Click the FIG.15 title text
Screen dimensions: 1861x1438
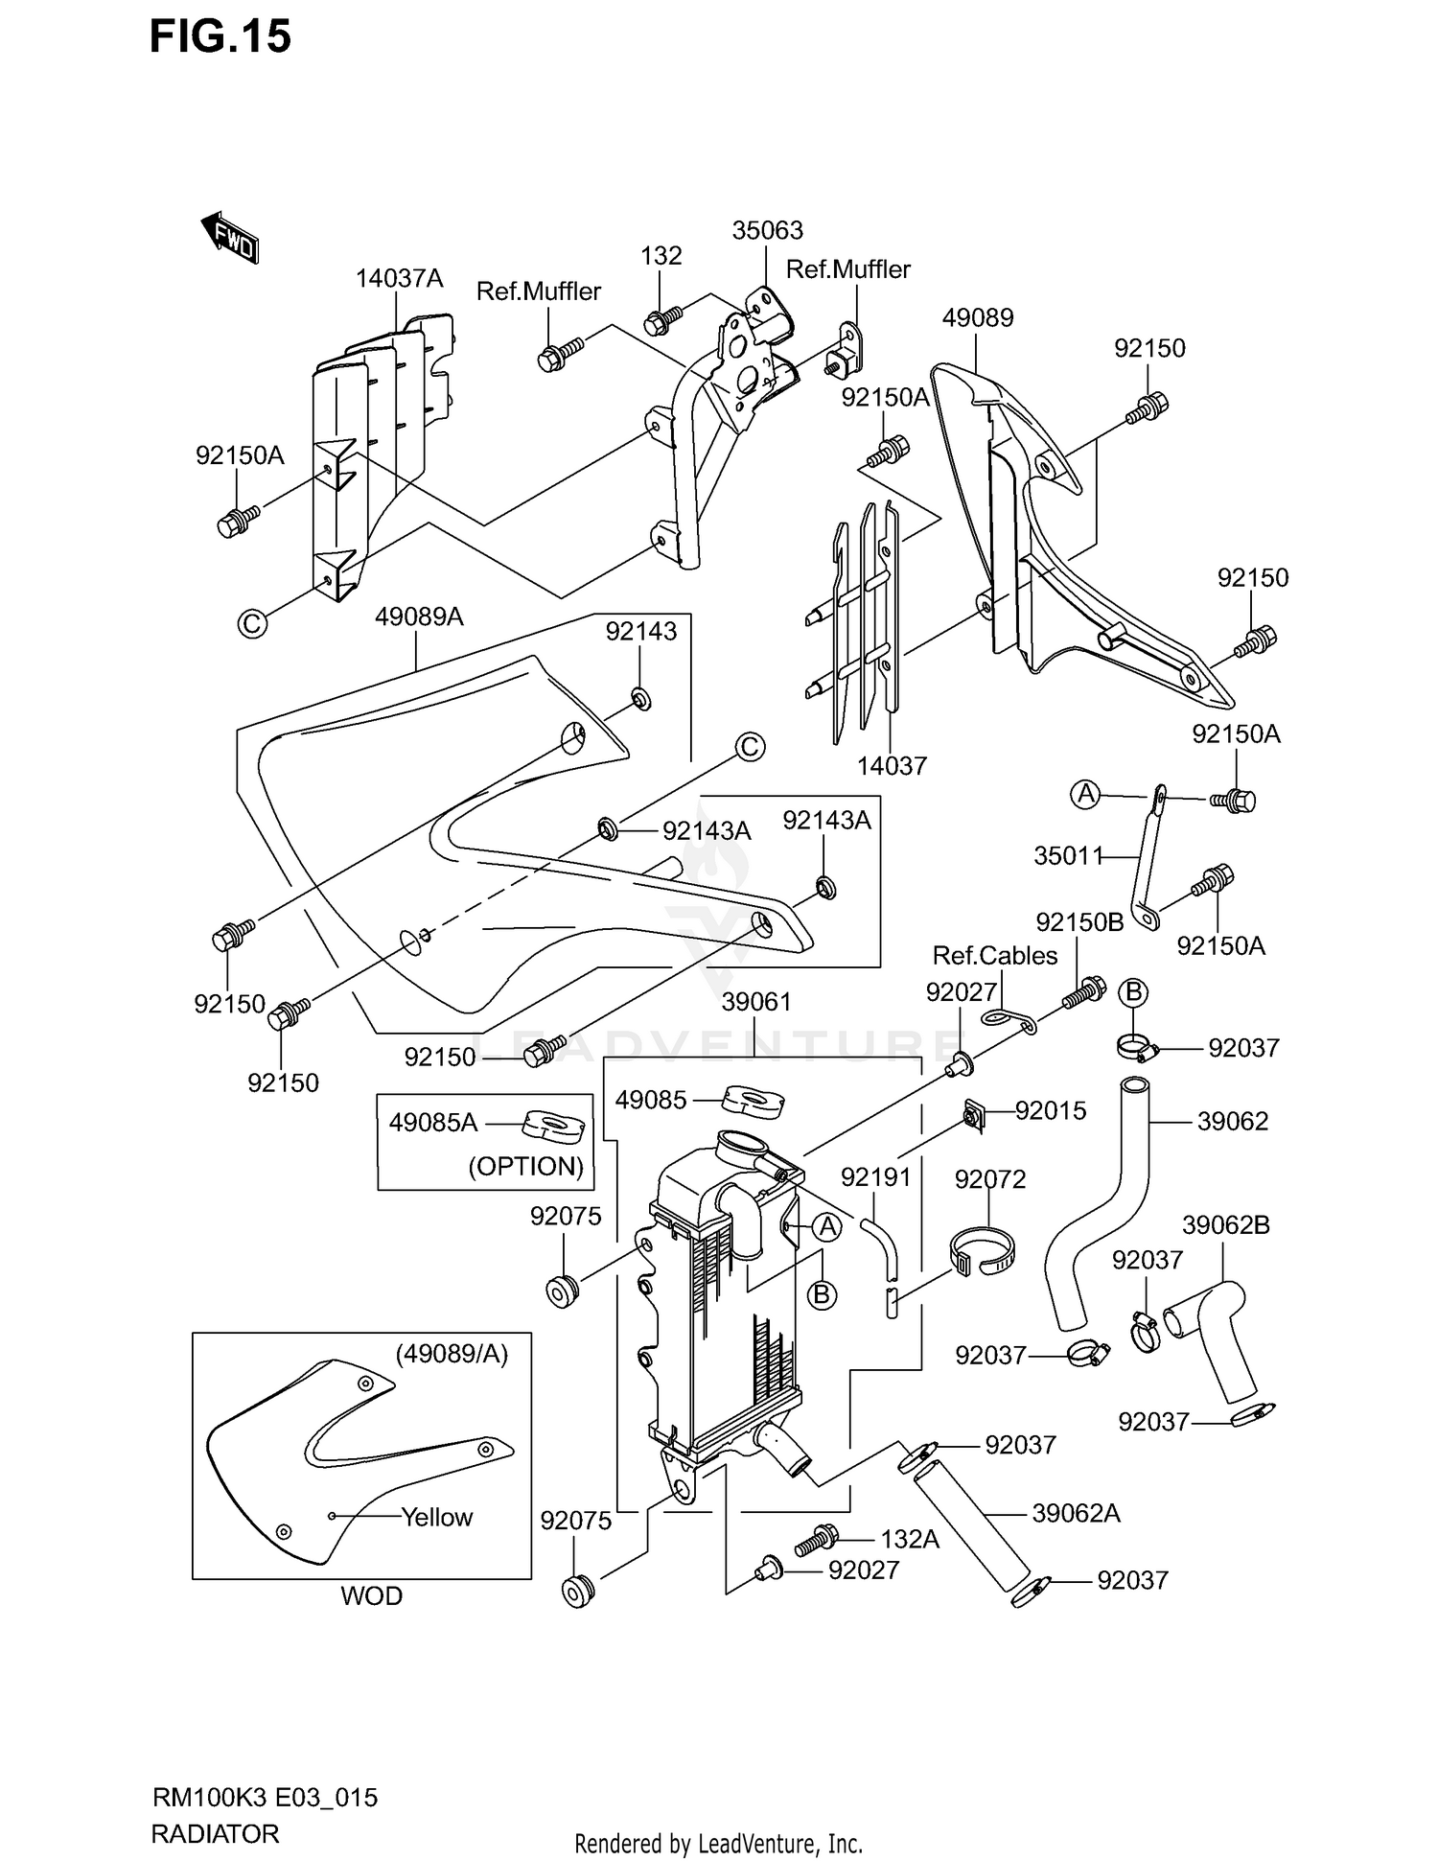220,37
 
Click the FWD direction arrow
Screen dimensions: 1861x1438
230,239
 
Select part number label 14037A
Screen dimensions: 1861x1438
399,278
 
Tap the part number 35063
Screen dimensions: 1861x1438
767,230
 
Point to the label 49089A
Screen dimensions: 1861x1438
419,616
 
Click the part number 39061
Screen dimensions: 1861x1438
756,1002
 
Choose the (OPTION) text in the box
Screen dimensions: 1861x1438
525,1166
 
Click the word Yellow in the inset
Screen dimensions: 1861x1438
436,1517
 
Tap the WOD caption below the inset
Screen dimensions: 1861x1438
371,1595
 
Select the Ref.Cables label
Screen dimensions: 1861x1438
995,955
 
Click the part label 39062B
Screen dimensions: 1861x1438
1225,1224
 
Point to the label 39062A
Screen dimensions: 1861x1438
1076,1513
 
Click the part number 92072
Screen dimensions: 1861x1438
990,1178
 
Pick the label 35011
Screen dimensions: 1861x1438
1069,855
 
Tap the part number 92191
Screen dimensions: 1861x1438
875,1176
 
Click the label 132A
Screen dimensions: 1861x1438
909,1539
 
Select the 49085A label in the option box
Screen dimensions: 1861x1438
433,1122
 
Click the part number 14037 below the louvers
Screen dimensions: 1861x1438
892,765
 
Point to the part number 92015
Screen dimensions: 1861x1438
1051,1110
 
